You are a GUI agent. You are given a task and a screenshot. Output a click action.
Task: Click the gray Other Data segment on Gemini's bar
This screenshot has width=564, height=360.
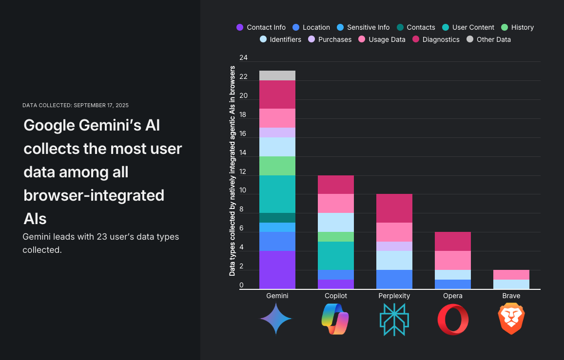click(277, 76)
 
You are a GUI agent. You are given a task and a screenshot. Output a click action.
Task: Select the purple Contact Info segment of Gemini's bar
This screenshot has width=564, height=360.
click(277, 270)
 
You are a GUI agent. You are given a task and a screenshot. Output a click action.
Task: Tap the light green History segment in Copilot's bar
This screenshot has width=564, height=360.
click(335, 237)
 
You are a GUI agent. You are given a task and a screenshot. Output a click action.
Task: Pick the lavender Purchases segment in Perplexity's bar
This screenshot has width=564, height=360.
click(394, 246)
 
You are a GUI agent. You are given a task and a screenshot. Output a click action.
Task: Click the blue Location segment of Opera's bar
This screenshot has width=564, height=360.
click(452, 284)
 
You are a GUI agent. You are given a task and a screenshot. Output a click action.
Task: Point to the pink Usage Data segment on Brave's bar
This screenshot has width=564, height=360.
click(511, 275)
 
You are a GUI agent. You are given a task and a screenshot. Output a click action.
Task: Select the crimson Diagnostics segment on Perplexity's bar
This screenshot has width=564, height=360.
click(394, 208)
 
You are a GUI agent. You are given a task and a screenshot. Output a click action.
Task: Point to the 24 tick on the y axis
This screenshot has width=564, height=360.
click(243, 58)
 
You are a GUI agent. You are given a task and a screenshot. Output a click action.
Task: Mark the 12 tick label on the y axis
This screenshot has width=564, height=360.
click(243, 171)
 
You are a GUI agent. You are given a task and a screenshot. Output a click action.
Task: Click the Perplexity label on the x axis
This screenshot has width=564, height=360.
click(394, 296)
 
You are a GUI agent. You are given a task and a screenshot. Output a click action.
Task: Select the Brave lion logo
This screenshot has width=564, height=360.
click(511, 319)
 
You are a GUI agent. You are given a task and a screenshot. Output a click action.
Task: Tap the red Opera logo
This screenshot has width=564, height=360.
click(452, 319)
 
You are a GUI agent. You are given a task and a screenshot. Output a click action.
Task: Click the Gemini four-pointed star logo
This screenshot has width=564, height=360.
click(276, 319)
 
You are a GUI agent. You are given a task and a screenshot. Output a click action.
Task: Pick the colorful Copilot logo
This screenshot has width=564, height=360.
click(335, 319)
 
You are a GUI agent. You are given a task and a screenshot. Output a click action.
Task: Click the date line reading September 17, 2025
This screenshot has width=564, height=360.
click(76, 105)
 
